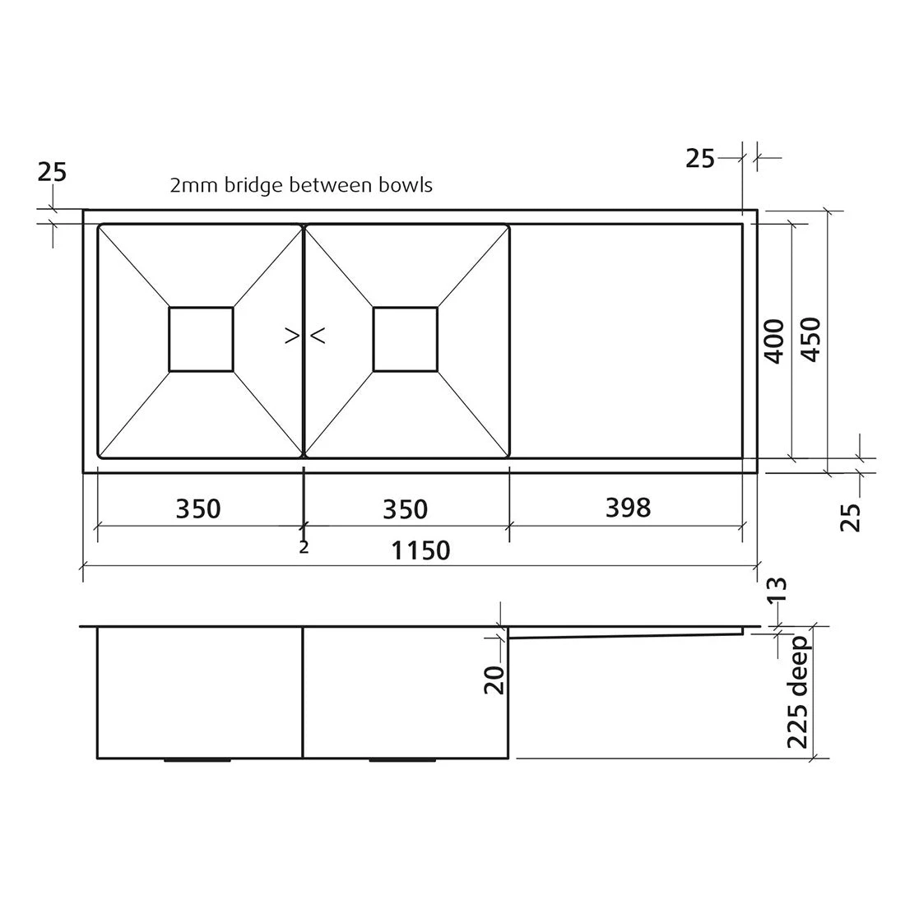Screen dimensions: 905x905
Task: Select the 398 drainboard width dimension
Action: [628, 508]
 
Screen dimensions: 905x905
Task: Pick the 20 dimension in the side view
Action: [494, 679]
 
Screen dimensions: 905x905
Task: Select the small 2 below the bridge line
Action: [304, 547]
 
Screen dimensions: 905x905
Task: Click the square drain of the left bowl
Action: [201, 339]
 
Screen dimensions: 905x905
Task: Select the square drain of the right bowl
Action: [406, 339]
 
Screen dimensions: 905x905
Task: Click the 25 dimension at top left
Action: [52, 172]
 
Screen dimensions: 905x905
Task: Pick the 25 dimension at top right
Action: [700, 158]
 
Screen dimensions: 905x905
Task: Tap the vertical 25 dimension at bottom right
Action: [853, 517]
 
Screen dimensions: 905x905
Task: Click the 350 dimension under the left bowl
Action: [198, 508]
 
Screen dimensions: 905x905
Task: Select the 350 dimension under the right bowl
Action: [406, 508]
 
